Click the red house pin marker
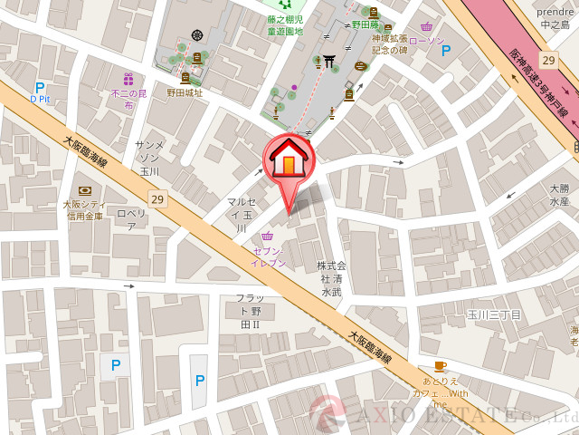(x=289, y=163)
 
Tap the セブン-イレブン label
(x=269, y=256)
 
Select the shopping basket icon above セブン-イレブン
(x=267, y=237)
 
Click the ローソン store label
(x=425, y=41)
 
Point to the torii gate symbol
(x=329, y=61)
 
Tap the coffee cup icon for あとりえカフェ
(x=440, y=366)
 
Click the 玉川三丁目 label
(x=494, y=314)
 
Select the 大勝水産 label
(x=560, y=195)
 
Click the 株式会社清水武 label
(x=331, y=279)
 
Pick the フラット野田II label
(x=250, y=311)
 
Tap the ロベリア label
(x=132, y=219)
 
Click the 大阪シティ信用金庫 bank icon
(x=85, y=190)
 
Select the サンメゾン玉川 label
(x=149, y=158)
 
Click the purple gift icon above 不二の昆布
(x=128, y=79)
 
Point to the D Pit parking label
(x=39, y=98)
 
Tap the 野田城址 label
(x=185, y=93)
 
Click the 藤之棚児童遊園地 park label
(x=285, y=24)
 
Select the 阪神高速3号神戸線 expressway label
(x=538, y=82)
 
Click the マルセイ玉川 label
(x=241, y=215)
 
